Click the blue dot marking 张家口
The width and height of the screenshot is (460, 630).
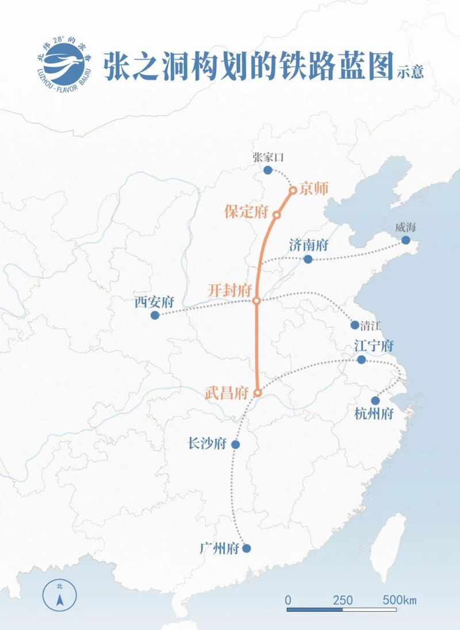click(x=267, y=170)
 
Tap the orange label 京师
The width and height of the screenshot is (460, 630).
click(x=313, y=189)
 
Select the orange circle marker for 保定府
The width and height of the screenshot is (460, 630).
click(x=277, y=215)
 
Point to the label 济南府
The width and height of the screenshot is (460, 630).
click(x=308, y=245)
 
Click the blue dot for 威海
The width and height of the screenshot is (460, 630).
click(x=406, y=240)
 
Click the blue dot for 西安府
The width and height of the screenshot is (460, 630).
click(x=155, y=315)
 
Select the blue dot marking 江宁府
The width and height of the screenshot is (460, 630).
click(x=361, y=360)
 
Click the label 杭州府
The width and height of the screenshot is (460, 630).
click(x=374, y=413)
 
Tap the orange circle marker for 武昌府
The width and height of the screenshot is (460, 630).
click(x=258, y=393)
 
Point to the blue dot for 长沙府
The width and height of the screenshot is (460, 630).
click(x=235, y=444)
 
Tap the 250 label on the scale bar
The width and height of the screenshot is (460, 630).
click(x=343, y=600)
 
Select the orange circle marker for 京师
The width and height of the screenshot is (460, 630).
click(x=293, y=190)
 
